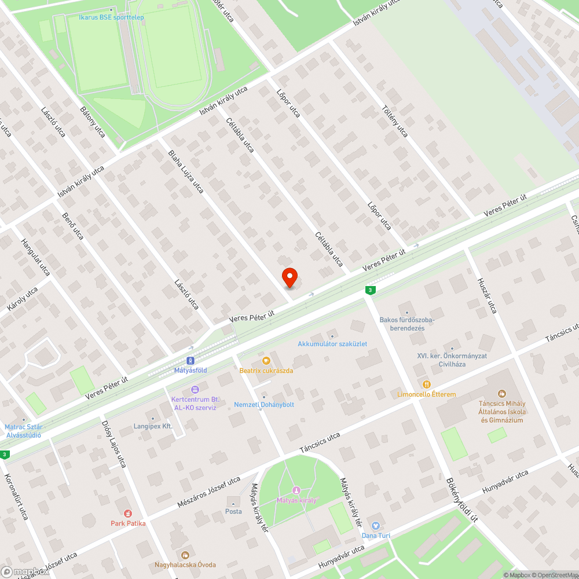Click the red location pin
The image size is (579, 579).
pos(289,277)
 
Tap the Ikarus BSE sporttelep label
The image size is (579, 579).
pos(111,17)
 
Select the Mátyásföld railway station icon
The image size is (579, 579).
pos(190,360)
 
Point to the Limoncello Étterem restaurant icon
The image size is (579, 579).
pos(427,384)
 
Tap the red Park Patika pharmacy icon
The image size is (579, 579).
pos(128,513)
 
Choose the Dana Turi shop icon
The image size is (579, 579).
pos(376,525)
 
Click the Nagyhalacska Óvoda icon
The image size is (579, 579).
pos(185,555)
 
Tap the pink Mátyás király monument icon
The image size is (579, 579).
pos(296,491)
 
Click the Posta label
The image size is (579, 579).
pos(233,511)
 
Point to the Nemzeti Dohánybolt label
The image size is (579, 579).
pos(263,404)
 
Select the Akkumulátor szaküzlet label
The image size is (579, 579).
pos(332,344)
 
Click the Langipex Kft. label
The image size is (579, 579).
pos(153,426)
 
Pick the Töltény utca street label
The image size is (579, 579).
pos(395,121)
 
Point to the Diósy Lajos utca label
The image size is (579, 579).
pos(113,444)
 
